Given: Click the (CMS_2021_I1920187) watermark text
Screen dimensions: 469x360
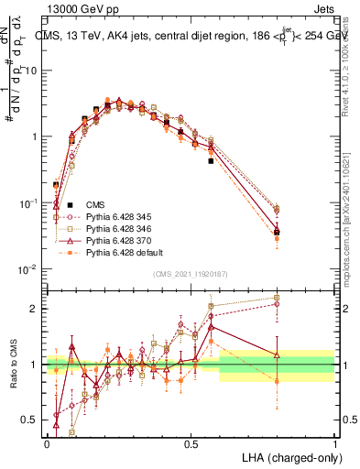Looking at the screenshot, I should tap(191, 274).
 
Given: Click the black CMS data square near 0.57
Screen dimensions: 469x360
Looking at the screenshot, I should tap(211, 161).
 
